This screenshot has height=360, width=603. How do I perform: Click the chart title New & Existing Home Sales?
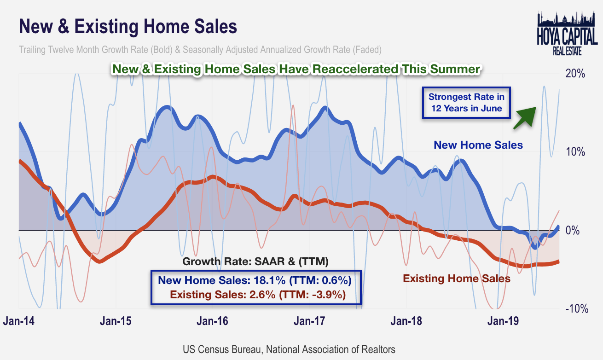(128, 27)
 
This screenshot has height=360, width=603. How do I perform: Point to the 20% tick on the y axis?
(575, 74)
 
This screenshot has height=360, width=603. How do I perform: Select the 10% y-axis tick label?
(575, 152)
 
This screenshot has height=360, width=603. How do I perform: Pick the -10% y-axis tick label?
(575, 308)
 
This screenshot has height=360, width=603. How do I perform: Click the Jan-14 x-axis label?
(18, 321)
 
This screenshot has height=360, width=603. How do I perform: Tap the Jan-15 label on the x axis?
(116, 321)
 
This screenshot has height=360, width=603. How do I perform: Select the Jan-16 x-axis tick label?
(213, 321)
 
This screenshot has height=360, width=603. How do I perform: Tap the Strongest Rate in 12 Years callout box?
(466, 103)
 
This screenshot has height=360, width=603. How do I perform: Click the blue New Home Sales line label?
(478, 145)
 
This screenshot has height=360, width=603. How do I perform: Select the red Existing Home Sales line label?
(457, 279)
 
